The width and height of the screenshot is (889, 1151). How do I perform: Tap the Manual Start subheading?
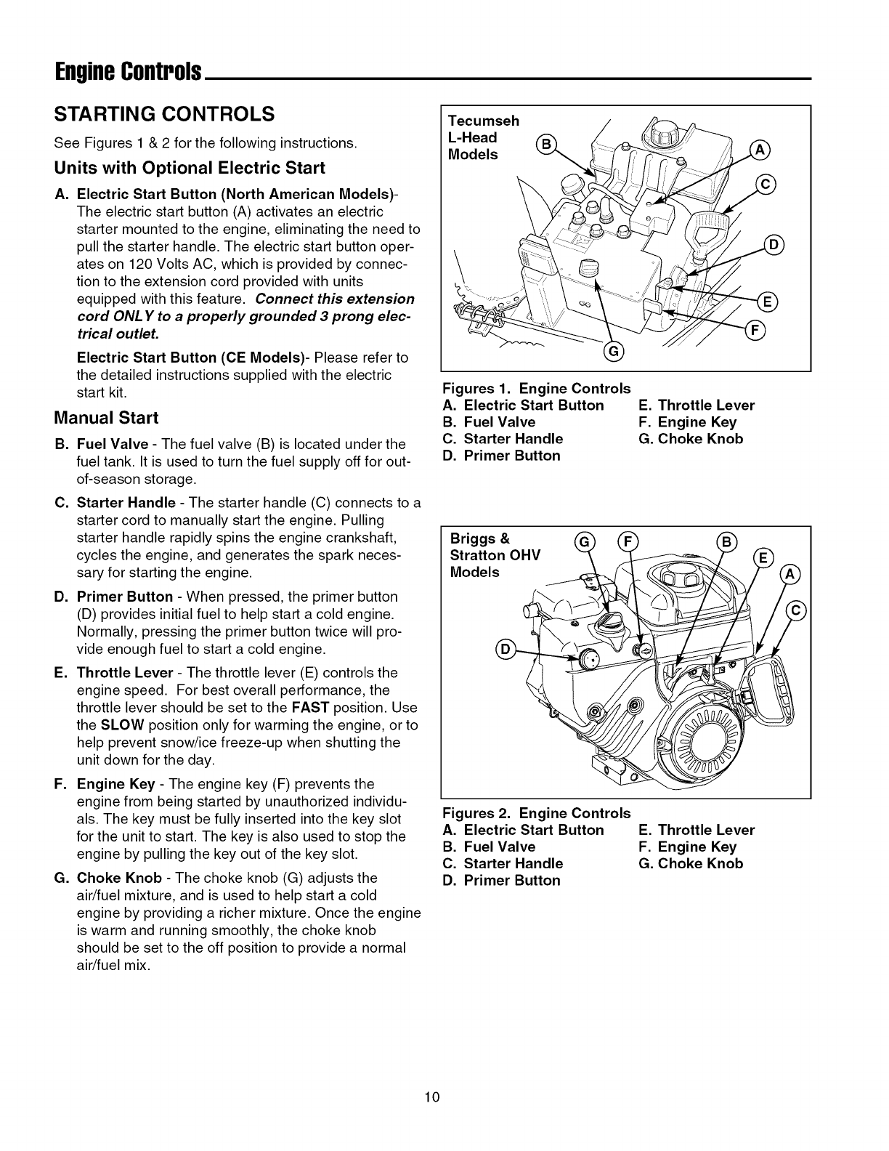106,418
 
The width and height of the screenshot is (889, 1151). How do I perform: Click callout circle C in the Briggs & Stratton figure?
796,610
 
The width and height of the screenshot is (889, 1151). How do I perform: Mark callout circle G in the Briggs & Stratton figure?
583,541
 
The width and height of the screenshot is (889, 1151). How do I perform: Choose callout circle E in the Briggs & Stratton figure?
764,558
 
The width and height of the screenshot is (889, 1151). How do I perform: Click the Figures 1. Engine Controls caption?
536,388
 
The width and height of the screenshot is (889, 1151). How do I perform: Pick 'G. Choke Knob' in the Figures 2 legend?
691,863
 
